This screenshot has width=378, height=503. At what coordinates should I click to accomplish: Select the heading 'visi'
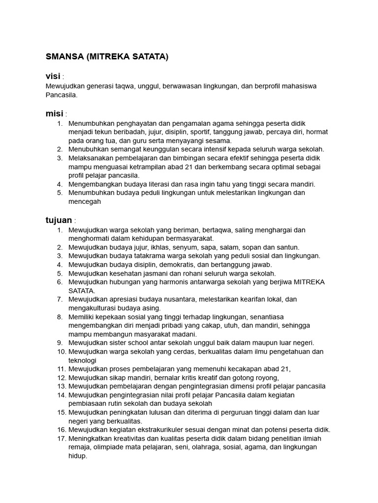coord(53,76)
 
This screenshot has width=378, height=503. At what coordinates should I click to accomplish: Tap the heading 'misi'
coord(54,114)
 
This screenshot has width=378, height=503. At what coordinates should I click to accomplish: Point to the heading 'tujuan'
coord(59,220)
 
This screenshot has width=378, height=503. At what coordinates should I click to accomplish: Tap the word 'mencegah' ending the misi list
coord(85,201)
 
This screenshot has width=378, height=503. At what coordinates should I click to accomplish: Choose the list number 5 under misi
coord(60,193)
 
